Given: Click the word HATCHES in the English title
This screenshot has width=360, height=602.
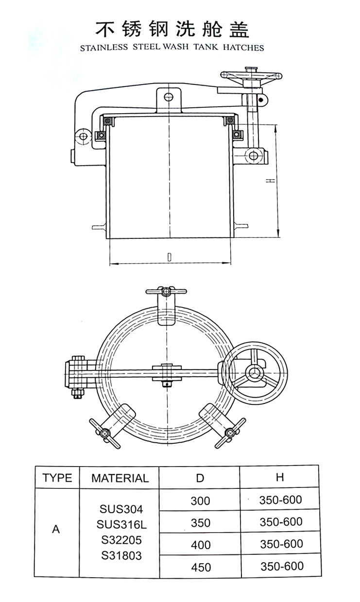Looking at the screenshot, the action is [x=243, y=47].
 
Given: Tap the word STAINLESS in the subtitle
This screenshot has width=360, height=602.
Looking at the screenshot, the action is [x=104, y=48].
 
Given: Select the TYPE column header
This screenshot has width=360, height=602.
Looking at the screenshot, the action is [x=57, y=478].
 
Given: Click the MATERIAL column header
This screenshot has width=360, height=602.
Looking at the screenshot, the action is [x=120, y=478].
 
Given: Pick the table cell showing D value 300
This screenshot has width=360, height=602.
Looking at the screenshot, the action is [x=200, y=501].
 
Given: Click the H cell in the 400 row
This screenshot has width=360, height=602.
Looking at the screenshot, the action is [x=281, y=544].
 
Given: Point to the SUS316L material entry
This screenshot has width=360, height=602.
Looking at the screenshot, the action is [x=121, y=524].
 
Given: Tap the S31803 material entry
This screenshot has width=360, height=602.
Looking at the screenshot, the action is [x=121, y=555].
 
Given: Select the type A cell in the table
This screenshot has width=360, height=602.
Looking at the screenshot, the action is [x=56, y=529].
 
